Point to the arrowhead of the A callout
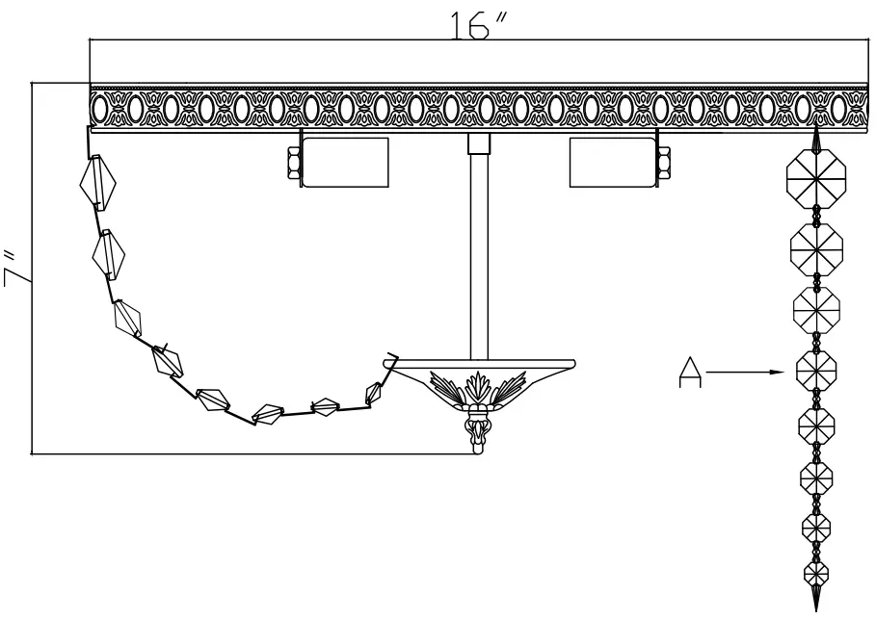(784, 370)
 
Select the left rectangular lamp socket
(345, 161)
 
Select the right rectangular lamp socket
(612, 161)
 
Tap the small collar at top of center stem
(476, 145)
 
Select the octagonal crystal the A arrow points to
(815, 370)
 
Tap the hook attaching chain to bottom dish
(391, 360)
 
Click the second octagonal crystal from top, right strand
(815, 248)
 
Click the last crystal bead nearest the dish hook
(374, 392)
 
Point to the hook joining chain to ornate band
(89, 144)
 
